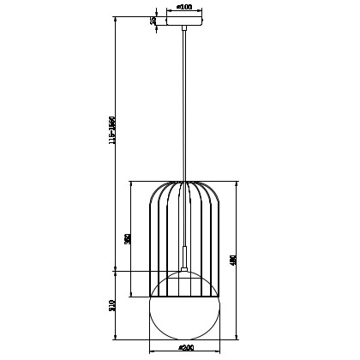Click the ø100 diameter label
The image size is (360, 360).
pos(183,7)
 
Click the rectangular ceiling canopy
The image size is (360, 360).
pos(183,21)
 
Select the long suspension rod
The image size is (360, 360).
pos(183,103)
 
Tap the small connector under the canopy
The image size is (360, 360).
pos(183,31)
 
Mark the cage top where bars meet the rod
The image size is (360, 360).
pos(183,183)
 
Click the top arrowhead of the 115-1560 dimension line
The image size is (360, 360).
pos(116,18)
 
